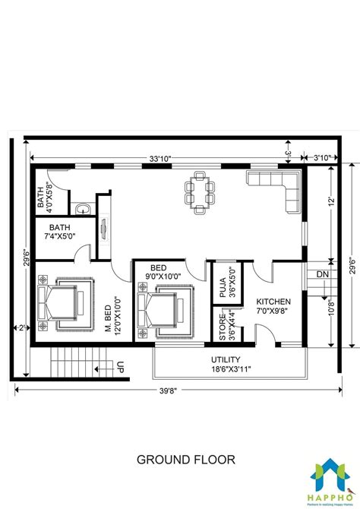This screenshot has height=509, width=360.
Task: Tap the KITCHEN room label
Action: pyautogui.click(x=273, y=302)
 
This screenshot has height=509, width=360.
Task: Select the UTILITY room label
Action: pyautogui.click(x=226, y=359)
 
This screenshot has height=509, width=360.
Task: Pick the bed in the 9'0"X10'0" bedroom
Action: pyautogui.click(x=161, y=311)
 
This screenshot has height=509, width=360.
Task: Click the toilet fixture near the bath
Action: pyautogui.click(x=82, y=207)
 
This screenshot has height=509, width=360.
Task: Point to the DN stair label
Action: pyautogui.click(x=322, y=273)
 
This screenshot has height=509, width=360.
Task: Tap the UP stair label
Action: pyautogui.click(x=120, y=368)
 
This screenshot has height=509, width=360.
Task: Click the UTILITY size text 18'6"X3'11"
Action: pyautogui.click(x=226, y=369)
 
